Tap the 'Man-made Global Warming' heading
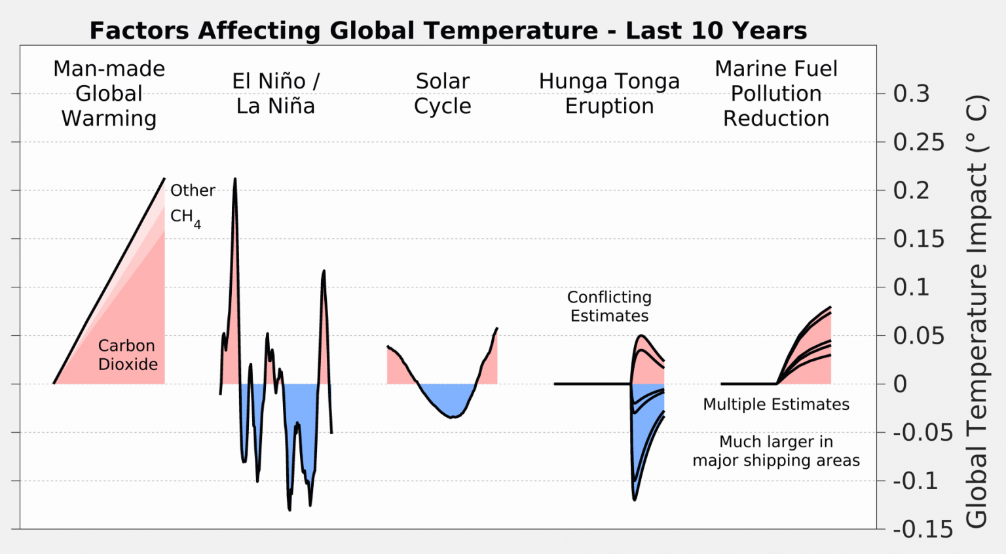109,94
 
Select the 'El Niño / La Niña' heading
276,94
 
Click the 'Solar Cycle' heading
443,94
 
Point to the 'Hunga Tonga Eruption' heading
609,94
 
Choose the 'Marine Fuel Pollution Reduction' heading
776,94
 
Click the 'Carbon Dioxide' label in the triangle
128,355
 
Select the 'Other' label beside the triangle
193,191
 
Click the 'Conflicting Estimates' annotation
609,306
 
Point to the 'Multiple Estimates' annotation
776,405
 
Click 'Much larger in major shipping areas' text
776,451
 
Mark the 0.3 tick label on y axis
911,94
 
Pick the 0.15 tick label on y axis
919,239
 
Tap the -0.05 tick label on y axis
923,433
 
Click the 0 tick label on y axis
901,384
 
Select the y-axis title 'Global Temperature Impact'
977,312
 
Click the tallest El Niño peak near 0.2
234,179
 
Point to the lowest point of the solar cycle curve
452,417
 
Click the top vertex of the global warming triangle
164,178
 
